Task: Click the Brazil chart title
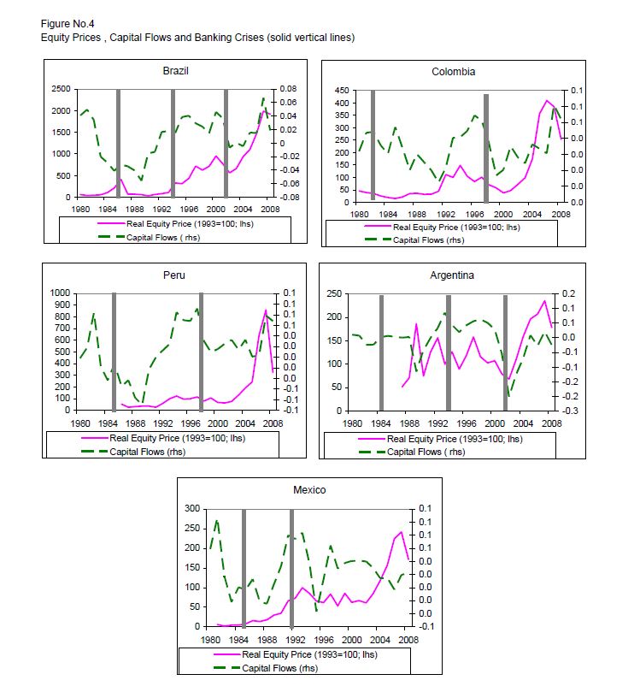tap(175, 71)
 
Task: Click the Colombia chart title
tap(454, 72)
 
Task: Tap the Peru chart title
tap(174, 275)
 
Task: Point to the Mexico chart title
tap(310, 490)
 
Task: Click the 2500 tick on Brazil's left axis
tap(60, 89)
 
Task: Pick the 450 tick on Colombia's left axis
tap(340, 90)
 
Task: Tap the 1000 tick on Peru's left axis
tap(60, 293)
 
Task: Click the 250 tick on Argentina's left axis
tap(334, 294)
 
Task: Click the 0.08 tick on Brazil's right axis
tap(289, 89)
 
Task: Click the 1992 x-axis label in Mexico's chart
tap(293, 639)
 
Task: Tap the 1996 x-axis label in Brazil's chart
tap(189, 209)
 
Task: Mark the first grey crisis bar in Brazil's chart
tap(118, 142)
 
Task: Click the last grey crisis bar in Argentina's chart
tap(505, 352)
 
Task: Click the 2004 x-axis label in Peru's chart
tap(244, 423)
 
